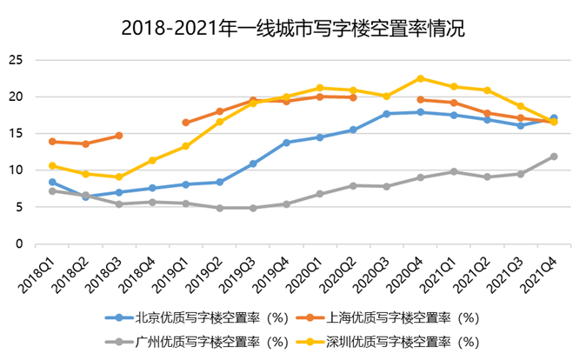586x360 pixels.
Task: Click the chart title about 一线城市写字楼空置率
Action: point(293,28)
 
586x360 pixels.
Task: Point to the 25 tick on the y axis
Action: point(15,60)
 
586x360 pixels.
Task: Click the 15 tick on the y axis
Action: point(15,134)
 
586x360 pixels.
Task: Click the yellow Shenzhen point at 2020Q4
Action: point(420,78)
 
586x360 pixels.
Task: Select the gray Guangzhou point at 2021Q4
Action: point(554,157)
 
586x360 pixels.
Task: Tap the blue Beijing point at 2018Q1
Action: point(52,183)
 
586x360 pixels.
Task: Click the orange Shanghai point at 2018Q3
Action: point(119,136)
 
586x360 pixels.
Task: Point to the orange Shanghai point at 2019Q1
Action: point(186,123)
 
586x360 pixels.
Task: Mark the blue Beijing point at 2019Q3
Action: point(253,163)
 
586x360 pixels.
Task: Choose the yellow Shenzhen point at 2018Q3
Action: point(119,177)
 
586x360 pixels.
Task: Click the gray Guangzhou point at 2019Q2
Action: point(219,208)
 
